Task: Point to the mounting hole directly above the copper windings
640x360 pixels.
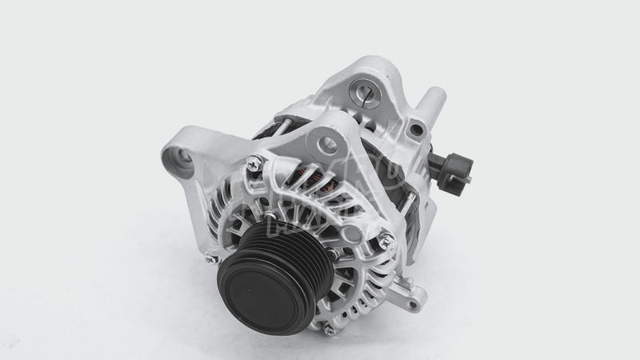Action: coord(327,145)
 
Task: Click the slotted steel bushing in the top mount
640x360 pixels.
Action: coord(372,95)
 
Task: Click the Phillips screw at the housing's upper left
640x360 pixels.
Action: coord(254,164)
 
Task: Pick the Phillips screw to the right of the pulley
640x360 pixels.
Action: coord(386,237)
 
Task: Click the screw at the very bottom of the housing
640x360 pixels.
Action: coord(329,330)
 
